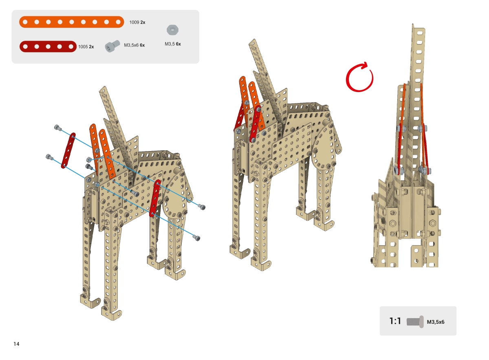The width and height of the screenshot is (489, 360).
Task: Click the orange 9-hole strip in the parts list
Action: point(72,22)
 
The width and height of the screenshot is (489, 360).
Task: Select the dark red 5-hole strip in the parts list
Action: point(48,46)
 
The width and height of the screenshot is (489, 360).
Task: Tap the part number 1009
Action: point(134,22)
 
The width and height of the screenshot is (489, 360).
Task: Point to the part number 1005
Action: point(83,47)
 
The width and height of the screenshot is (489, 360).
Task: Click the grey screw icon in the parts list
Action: point(112,46)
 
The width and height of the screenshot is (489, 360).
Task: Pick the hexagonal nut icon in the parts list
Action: point(173,30)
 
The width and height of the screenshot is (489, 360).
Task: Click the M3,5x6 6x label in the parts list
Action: point(134,45)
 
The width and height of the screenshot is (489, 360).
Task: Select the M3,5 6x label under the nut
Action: point(173,44)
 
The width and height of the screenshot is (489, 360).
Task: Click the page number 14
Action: point(16,344)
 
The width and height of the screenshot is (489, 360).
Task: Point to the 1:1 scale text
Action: point(395,321)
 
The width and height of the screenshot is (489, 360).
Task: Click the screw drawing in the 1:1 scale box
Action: point(415,322)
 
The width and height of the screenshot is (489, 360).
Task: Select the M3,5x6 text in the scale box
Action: point(436,322)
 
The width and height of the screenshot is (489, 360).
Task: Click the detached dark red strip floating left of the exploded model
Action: point(68,151)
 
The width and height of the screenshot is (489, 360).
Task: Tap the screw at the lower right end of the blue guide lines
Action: point(197,238)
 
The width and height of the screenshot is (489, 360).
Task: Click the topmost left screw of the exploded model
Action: point(57,127)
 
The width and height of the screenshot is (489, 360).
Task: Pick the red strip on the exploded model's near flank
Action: point(155,198)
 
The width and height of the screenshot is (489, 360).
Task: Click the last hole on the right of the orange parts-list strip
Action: point(118,22)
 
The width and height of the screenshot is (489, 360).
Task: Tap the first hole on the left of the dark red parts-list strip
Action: point(25,46)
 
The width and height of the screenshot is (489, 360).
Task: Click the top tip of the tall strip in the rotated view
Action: point(413,24)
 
